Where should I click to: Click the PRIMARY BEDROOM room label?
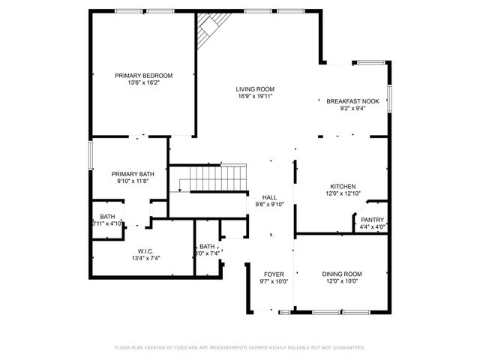click(x=143, y=75)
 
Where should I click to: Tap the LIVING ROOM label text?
click(x=255, y=89)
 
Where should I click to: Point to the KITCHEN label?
click(x=343, y=186)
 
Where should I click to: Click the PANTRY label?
click(x=372, y=220)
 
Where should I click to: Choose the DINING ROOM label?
click(x=341, y=274)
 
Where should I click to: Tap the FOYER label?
click(x=274, y=274)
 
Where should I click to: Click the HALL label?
click(x=269, y=196)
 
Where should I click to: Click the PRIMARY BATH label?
click(x=133, y=173)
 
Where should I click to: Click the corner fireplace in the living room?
click(x=208, y=31)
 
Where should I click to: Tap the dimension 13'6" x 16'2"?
click(x=143, y=82)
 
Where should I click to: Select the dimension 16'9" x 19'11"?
click(x=255, y=97)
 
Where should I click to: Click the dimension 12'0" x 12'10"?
click(x=343, y=193)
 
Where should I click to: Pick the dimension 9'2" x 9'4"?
click(x=352, y=109)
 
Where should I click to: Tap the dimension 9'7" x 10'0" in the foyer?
click(x=274, y=281)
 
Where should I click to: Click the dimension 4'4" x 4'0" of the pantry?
click(x=372, y=226)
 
